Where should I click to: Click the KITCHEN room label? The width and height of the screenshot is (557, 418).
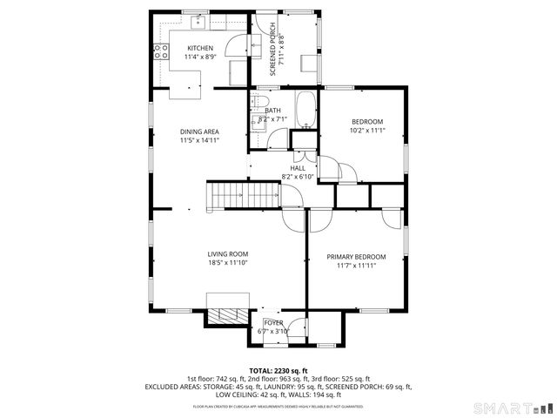[x=200, y=47]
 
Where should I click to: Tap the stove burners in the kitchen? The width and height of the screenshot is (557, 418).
[x=159, y=52]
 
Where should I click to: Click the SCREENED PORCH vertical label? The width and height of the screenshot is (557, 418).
[x=272, y=49]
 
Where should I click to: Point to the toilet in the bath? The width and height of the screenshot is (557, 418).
[x=260, y=105]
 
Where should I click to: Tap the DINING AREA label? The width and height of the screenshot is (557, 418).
[x=199, y=131]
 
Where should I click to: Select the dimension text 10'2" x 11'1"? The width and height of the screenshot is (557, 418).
[x=366, y=131]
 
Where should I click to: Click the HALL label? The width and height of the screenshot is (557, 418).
[x=297, y=168]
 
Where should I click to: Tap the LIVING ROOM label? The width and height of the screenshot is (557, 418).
[x=227, y=253]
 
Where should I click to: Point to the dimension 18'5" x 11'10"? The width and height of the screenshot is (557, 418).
[x=227, y=262]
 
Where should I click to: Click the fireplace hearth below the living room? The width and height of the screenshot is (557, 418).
[x=226, y=314]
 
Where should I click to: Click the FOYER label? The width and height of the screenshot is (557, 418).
[x=273, y=323]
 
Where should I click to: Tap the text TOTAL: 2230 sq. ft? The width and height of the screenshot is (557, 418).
[x=278, y=370]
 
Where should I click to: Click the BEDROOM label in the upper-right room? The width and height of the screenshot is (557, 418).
[x=366, y=122]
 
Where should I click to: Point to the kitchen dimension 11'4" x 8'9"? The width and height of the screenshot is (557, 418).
[x=200, y=57]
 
